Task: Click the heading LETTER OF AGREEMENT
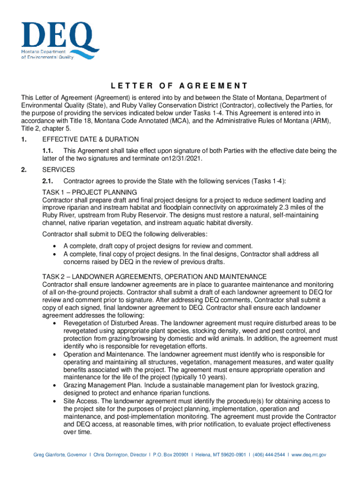click(x=180, y=86)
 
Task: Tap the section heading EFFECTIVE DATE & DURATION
click(x=90, y=139)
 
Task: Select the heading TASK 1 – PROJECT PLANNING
click(x=89, y=192)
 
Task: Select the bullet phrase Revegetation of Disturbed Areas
click(x=111, y=323)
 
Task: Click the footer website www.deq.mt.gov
click(x=309, y=455)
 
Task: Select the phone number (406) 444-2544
click(x=267, y=455)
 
